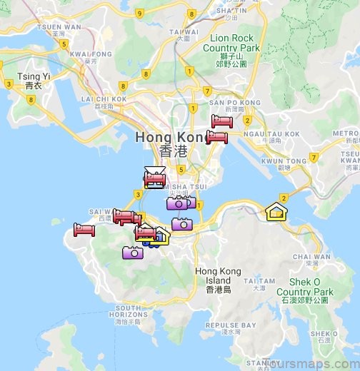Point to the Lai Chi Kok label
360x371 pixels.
click(x=104, y=99)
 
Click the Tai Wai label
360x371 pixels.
click(x=184, y=32)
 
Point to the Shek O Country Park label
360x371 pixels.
click(x=305, y=288)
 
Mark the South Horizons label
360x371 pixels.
click(x=131, y=310)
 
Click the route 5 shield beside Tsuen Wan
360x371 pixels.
click(x=64, y=44)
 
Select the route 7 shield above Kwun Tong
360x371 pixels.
click(x=313, y=156)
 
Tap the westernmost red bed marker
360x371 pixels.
click(x=84, y=230)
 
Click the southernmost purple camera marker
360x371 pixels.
click(x=133, y=252)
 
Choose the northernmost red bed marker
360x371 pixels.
click(x=221, y=121)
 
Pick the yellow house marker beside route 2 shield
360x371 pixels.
click(x=275, y=211)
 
